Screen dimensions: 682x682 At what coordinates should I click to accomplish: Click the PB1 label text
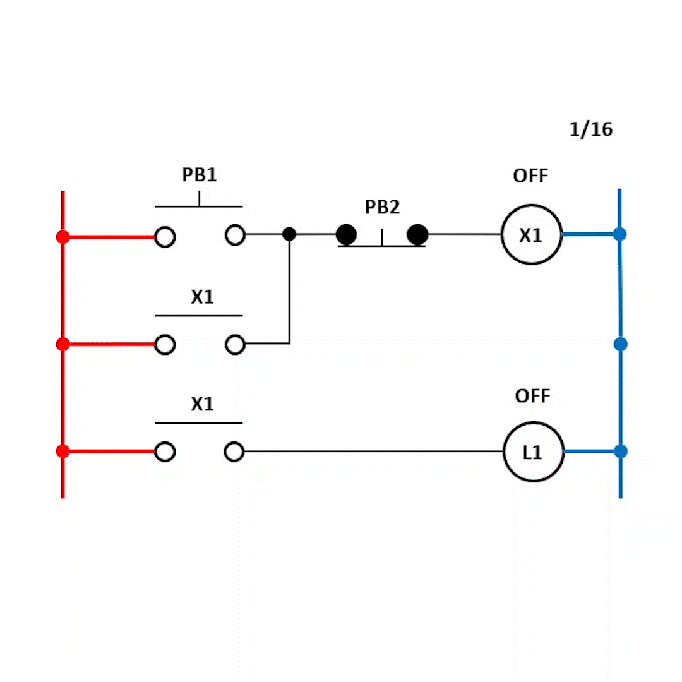200,175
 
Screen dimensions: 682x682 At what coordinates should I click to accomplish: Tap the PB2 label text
383,207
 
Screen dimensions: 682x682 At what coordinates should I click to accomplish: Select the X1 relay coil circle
531,235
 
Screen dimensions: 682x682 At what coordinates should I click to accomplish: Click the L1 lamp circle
533,452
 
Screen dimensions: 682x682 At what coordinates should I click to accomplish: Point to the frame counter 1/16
591,129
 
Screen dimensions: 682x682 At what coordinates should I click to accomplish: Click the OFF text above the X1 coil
530,176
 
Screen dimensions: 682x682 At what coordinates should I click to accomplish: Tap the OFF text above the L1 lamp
532,397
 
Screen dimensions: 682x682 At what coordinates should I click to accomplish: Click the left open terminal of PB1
165,237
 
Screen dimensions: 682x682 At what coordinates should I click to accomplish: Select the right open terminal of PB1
235,235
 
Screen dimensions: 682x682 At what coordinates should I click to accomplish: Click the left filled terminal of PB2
346,235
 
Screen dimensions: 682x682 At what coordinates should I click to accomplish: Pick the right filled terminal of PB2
417,235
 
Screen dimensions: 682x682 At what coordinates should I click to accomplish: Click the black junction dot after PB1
289,234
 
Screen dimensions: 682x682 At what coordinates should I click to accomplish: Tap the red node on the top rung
63,237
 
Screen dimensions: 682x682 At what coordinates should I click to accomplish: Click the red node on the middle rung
63,344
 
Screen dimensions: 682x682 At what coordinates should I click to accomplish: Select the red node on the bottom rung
63,452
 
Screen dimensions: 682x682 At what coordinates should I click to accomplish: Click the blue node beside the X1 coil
620,234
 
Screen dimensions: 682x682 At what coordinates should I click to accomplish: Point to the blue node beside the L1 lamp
621,452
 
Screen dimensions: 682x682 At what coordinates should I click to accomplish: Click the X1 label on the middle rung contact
203,297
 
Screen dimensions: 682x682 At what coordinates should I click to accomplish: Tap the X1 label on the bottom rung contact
203,405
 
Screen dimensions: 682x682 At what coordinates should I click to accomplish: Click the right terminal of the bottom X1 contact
234,452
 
